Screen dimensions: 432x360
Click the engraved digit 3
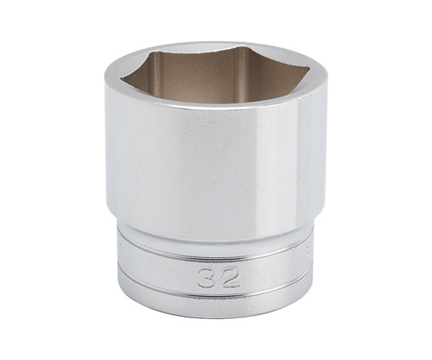click(206, 278)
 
